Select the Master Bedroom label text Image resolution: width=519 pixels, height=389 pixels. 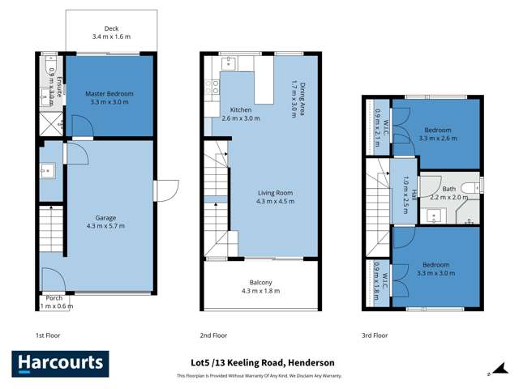coord(109,94)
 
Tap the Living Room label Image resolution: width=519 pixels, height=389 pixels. coord(276,192)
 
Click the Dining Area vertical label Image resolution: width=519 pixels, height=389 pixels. coord(302,100)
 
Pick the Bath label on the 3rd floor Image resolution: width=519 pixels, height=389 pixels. coord(448,188)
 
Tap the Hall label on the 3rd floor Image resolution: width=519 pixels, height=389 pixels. coord(413,194)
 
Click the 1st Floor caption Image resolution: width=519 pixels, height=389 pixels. coord(48,335)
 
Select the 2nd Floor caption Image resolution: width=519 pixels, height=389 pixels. coord(212,335)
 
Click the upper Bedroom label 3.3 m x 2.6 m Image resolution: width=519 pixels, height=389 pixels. coord(438,134)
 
